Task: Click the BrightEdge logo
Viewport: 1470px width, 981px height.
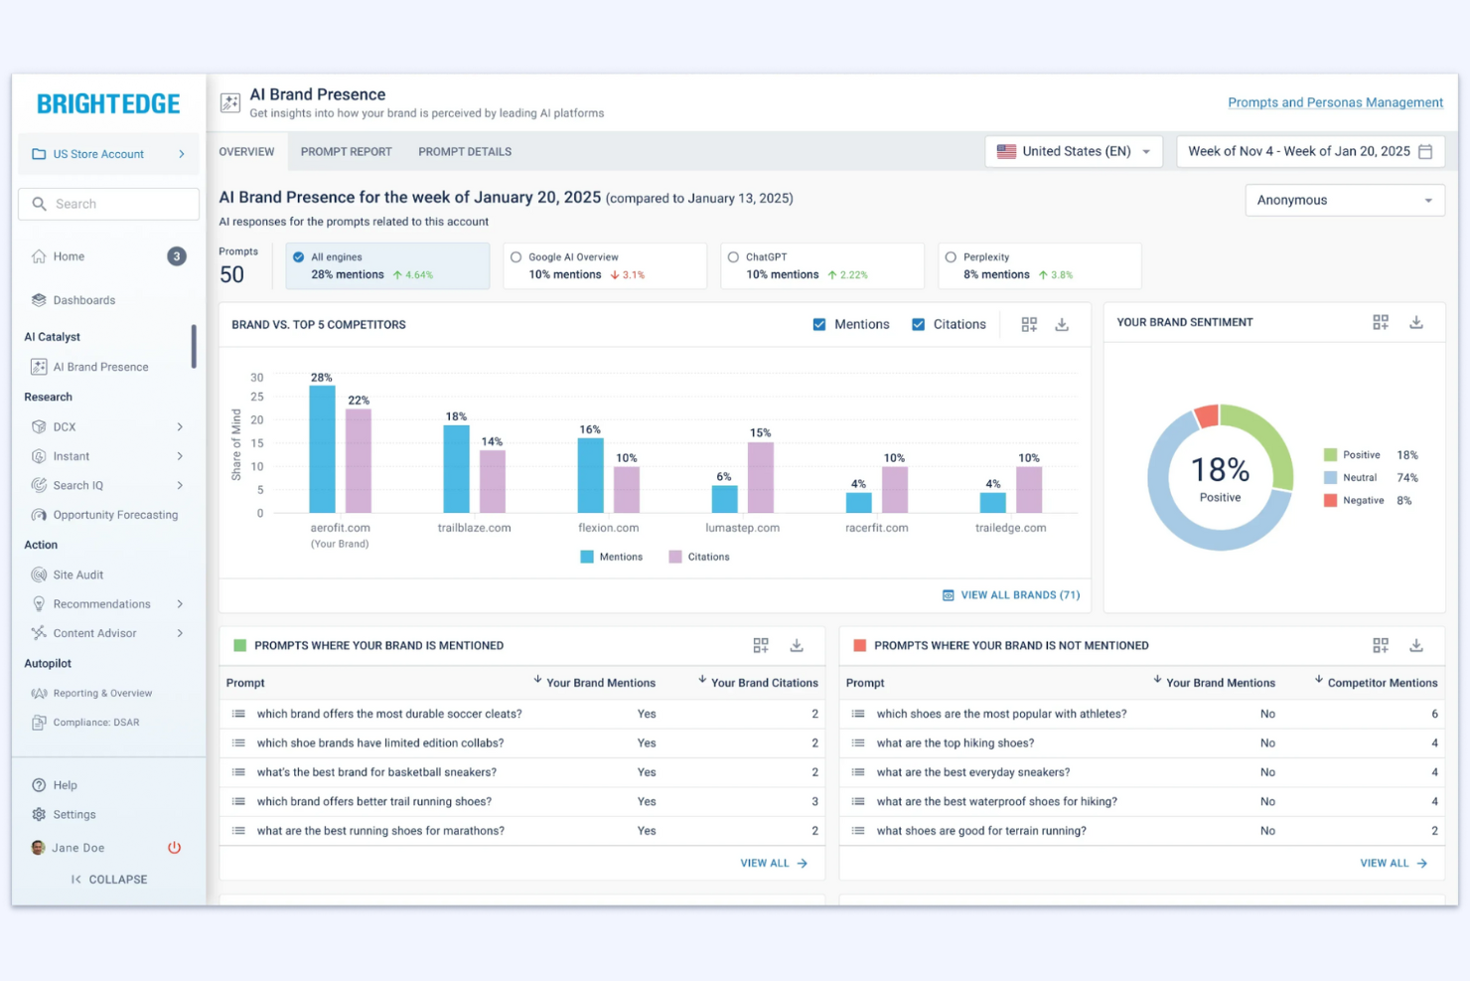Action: [x=108, y=104]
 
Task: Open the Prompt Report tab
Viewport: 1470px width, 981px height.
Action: [x=346, y=152]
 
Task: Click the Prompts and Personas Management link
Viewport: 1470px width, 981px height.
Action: [x=1334, y=102]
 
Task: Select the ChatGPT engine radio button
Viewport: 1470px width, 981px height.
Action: [x=733, y=257]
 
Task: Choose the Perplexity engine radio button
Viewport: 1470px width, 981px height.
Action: [x=951, y=257]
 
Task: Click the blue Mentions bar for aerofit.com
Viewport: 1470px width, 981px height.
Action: [x=322, y=449]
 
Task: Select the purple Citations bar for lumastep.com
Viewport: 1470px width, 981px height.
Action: [x=760, y=478]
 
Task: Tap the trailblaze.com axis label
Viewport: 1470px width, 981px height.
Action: [x=474, y=528]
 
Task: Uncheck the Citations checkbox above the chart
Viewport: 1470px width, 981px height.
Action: [x=918, y=325]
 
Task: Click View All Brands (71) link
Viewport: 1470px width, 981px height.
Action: [x=1011, y=595]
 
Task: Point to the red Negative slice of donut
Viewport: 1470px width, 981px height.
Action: [x=1206, y=416]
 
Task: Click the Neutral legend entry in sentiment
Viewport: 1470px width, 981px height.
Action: [x=1359, y=478]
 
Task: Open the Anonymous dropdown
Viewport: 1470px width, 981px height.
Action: [x=1344, y=201]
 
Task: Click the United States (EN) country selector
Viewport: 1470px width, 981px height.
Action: [x=1074, y=152]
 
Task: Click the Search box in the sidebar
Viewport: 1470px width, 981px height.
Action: [x=109, y=204]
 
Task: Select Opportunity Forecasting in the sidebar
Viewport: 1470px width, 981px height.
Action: [x=115, y=515]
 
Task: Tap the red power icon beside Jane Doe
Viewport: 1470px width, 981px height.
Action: [x=174, y=848]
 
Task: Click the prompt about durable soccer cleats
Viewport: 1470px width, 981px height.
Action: [x=388, y=714]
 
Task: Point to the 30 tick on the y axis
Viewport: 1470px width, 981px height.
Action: [x=257, y=378]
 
